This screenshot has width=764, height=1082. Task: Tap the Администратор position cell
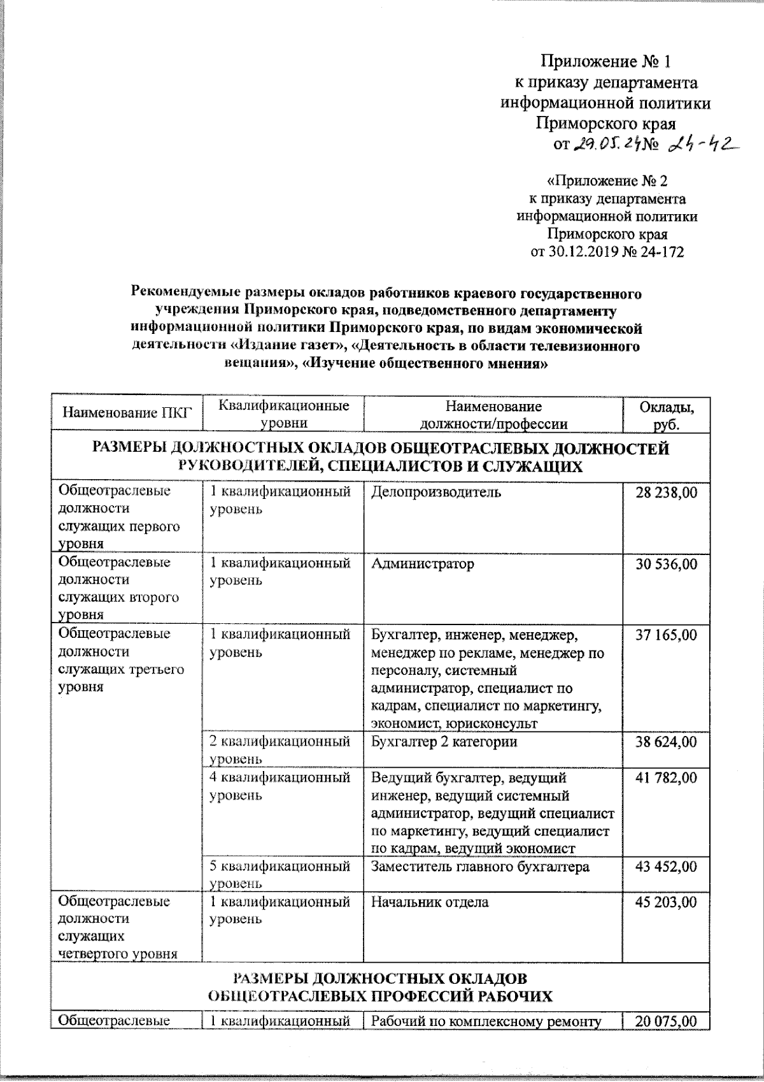point(423,564)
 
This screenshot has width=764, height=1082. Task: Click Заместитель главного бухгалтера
point(480,867)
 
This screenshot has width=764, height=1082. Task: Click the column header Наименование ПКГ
point(127,414)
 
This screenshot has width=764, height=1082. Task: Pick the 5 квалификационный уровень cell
point(280,874)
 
